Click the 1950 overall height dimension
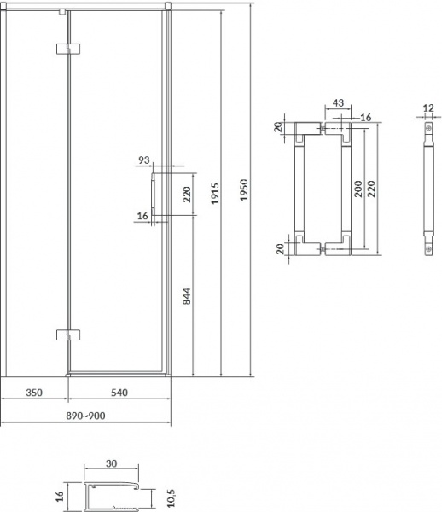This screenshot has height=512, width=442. coord(244,189)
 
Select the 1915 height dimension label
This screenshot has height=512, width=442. coord(215,194)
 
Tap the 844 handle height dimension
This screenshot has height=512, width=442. coord(186,296)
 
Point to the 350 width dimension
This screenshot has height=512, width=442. coord(34,393)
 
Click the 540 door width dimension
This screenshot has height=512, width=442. coord(119,393)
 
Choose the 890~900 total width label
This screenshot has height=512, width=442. coord(85,416)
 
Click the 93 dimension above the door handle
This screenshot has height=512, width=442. coord(144,160)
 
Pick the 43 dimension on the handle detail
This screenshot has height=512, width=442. coord(338,103)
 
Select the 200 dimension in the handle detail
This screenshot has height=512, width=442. coord(358,189)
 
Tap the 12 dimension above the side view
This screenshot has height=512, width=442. coord(428,108)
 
